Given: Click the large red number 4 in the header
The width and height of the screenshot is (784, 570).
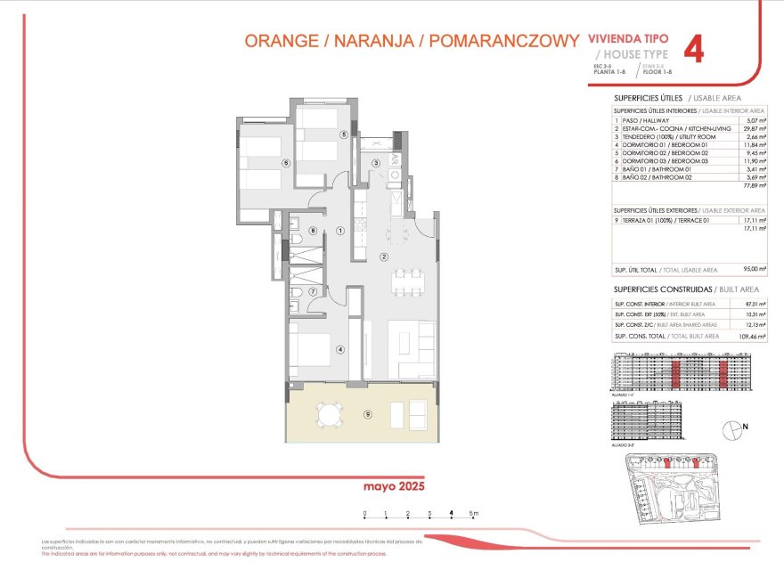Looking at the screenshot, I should pyautogui.click(x=693, y=49).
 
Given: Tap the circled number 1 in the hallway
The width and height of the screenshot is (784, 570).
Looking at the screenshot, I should pyautogui.click(x=340, y=230).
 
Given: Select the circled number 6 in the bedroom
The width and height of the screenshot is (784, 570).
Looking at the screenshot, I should pyautogui.click(x=285, y=163).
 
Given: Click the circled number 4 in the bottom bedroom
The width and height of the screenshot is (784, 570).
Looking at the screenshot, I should pyautogui.click(x=339, y=349).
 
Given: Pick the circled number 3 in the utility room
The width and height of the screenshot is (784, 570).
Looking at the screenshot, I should pyautogui.click(x=376, y=163).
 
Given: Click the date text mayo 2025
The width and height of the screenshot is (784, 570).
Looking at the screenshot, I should pyautogui.click(x=394, y=486).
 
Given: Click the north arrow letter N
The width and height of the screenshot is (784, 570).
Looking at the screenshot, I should pyautogui.click(x=745, y=426).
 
